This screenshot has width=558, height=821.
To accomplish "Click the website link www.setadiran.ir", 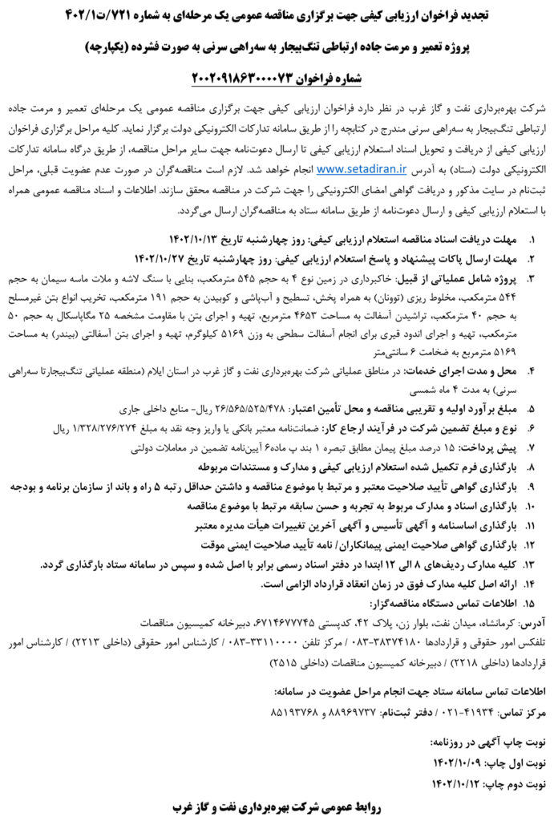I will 362,170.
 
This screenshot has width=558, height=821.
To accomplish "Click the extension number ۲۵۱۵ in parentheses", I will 304,660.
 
